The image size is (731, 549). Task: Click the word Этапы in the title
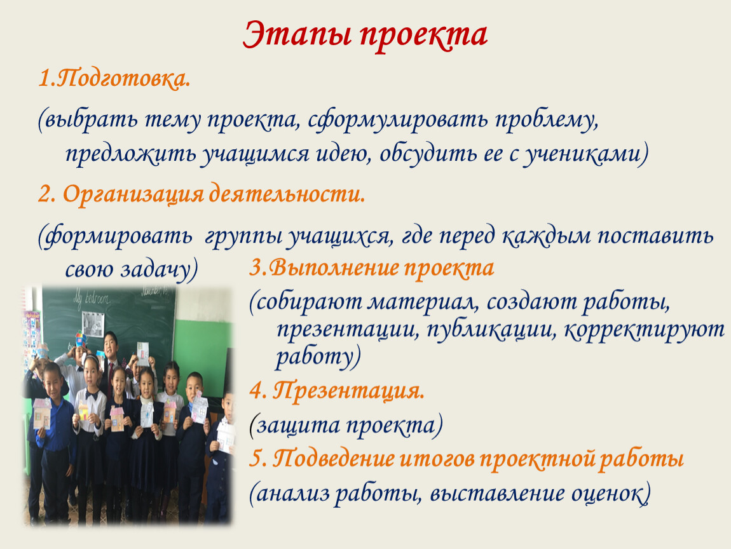(x=297, y=36)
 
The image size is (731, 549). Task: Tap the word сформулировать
(x=397, y=119)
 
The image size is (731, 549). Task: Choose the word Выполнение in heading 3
(x=333, y=268)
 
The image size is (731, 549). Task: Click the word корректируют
(x=645, y=330)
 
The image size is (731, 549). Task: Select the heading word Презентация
(x=349, y=390)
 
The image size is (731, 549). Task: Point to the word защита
(x=298, y=425)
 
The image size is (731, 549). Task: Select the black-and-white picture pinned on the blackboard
(x=93, y=324)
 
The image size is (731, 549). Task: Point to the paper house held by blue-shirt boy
(x=41, y=413)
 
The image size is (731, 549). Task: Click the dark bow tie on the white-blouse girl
(x=92, y=396)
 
